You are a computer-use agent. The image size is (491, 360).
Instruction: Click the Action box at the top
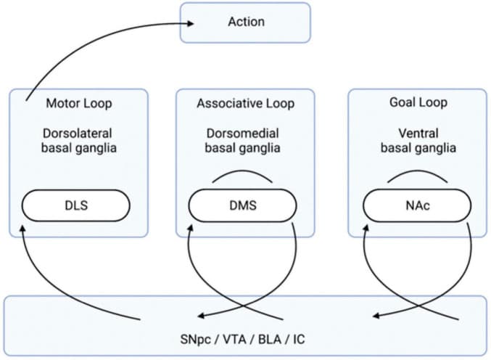tap(245, 21)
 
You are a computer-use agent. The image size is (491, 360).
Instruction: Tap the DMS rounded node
tap(243, 206)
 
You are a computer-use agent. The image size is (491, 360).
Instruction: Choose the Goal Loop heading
tap(418, 103)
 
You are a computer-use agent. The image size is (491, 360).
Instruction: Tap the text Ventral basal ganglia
tap(418, 142)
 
